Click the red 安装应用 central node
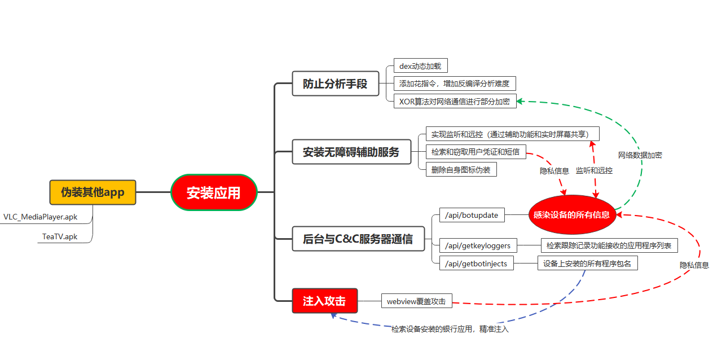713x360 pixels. tap(214, 192)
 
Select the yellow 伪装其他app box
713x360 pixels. tap(93, 192)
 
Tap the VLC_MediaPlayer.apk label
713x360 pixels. tap(40, 217)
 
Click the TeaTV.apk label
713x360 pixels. tap(60, 236)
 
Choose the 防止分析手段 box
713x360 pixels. tap(335, 84)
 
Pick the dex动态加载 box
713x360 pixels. tap(420, 66)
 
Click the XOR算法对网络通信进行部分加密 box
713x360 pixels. tap(455, 102)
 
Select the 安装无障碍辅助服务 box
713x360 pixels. tap(351, 152)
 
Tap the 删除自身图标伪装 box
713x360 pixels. tap(461, 169)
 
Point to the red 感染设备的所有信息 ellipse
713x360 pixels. tap(571, 214)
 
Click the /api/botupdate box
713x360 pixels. tap(472, 215)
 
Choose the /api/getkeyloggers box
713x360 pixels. tap(477, 245)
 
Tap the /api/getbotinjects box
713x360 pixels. tap(476, 263)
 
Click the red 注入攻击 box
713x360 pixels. tap(324, 301)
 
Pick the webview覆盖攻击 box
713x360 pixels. tap(416, 301)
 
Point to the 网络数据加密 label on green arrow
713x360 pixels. tap(640, 155)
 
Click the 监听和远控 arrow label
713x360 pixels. tap(594, 170)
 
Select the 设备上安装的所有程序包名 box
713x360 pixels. tap(587, 263)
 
